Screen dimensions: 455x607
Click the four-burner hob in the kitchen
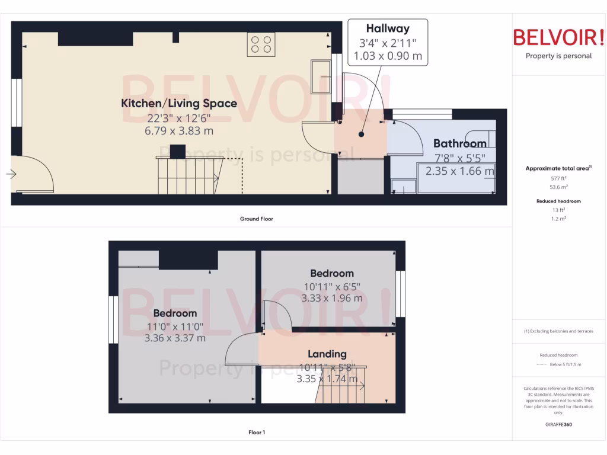click(x=261, y=45)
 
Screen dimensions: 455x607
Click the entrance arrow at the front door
click(x=11, y=174)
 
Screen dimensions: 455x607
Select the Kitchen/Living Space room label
click(x=179, y=104)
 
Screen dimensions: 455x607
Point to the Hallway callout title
click(x=387, y=28)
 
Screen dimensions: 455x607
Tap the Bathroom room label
click(x=459, y=143)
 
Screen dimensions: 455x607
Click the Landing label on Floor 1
click(x=327, y=354)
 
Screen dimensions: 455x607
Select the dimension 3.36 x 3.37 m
click(x=175, y=338)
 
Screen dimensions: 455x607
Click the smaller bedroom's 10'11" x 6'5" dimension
click(x=331, y=286)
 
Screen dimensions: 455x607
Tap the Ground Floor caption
click(x=256, y=219)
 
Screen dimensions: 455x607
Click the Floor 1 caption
click(x=256, y=432)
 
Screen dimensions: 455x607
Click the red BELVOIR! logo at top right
click(x=558, y=37)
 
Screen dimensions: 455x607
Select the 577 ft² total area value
click(x=559, y=178)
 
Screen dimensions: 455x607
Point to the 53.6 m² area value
click(x=559, y=187)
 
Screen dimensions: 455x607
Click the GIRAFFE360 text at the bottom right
click(x=559, y=425)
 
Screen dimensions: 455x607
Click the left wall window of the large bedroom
click(x=113, y=319)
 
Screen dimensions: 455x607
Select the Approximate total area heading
click(x=558, y=169)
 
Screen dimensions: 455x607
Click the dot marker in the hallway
click(x=361, y=134)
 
